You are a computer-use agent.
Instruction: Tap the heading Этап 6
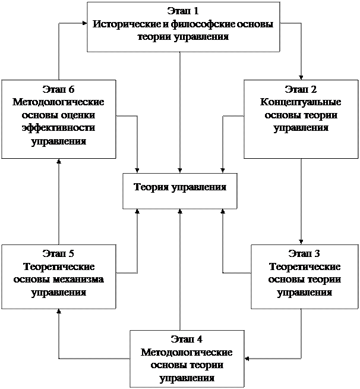(59, 90)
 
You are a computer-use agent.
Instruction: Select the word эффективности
(59, 128)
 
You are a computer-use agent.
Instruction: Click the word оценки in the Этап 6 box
(81, 115)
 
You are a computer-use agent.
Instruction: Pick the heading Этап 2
(301, 90)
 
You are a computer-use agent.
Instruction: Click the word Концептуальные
(301, 102)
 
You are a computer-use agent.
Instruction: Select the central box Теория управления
(179, 190)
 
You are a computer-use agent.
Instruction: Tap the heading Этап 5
(58, 254)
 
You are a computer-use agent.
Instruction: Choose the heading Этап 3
(304, 254)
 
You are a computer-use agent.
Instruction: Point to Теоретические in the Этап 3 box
(304, 267)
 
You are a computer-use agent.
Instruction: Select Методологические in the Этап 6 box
(59, 102)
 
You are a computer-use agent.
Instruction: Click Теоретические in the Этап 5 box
(58, 267)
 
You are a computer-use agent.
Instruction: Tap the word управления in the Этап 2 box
(301, 128)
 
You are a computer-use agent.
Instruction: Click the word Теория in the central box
(151, 187)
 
